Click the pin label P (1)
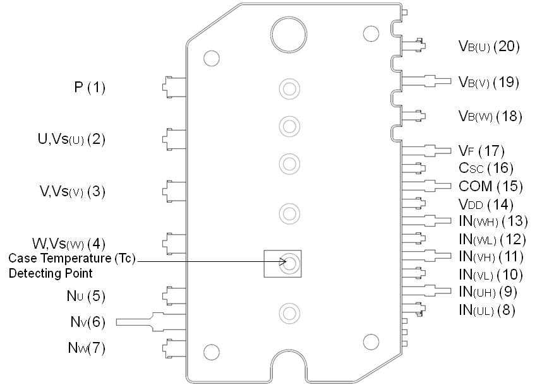[89, 88]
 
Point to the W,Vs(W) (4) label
[69, 243]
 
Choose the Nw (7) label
[87, 348]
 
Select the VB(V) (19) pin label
[488, 81]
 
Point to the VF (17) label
[481, 151]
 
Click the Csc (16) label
[486, 168]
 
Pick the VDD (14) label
[486, 204]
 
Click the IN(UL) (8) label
[487, 310]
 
